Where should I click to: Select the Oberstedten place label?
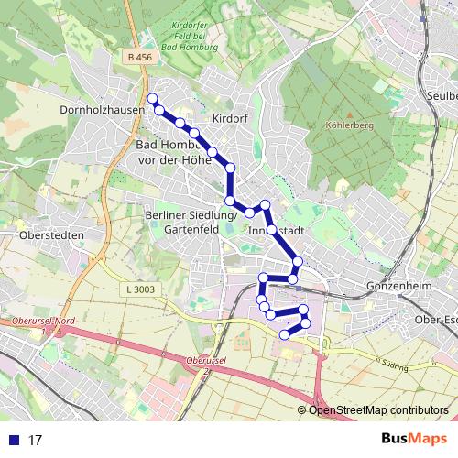click(51, 235)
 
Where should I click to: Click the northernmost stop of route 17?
click(152, 98)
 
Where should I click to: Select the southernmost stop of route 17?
click(284, 335)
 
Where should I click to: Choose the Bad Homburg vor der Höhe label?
click(180, 152)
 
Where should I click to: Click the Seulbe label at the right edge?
click(440, 94)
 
